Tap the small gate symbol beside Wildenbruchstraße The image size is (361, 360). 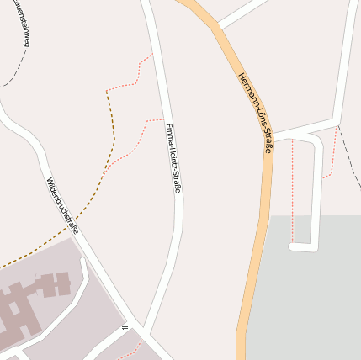[x=125, y=326]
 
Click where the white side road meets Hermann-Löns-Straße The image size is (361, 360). [x=273, y=134]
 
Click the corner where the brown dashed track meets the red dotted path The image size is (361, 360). [x=107, y=91]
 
